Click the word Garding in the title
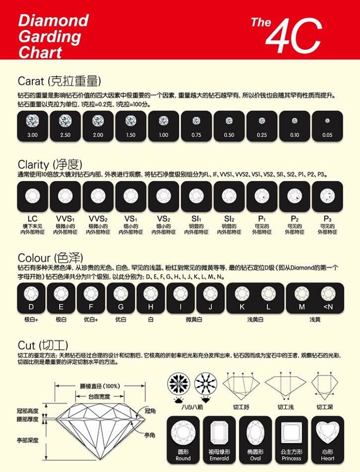50,37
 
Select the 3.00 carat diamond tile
32,126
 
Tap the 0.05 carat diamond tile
327,126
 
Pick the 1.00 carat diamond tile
164,126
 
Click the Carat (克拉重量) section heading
59,81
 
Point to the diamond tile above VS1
131,196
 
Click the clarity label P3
327,218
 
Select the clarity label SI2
229,218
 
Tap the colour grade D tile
31,298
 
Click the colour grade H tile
151,298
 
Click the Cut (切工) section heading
43,344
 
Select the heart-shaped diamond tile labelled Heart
327,439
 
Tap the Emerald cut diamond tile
219,439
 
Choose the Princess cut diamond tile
291,439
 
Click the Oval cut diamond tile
255,439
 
